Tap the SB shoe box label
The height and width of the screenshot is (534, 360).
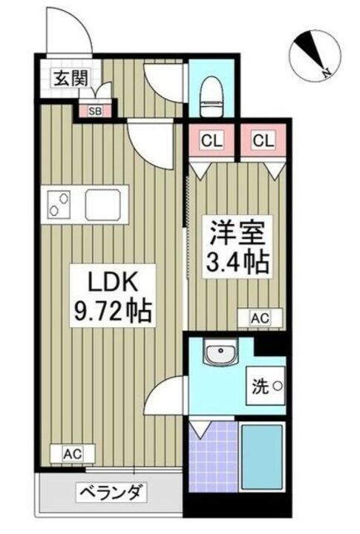point(96,111)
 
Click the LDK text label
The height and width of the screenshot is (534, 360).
point(111,283)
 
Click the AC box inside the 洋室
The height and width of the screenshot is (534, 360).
point(257,318)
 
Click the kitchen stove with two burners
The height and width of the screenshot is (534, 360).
point(60,203)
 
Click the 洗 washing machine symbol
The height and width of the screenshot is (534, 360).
point(264,386)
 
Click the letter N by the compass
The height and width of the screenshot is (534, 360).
point(326,72)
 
